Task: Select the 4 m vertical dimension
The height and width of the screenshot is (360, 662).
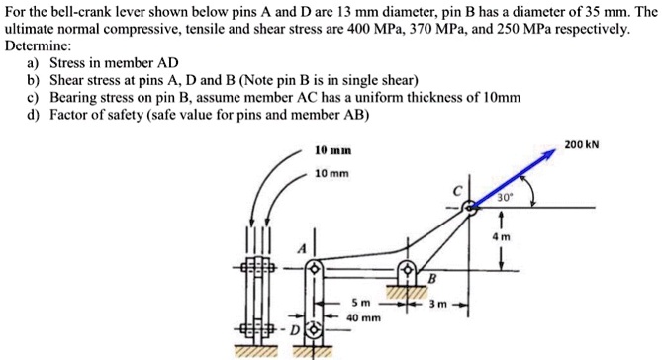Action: point(506,237)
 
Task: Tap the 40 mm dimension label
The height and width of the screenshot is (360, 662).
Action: point(364,317)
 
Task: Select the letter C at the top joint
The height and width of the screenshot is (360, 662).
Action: point(457,189)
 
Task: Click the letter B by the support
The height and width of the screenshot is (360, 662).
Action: point(431,277)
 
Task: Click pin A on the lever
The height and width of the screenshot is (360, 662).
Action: point(315,268)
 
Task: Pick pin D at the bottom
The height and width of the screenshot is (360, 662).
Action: point(317,327)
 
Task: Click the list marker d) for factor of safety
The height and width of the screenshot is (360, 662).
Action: point(34,114)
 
